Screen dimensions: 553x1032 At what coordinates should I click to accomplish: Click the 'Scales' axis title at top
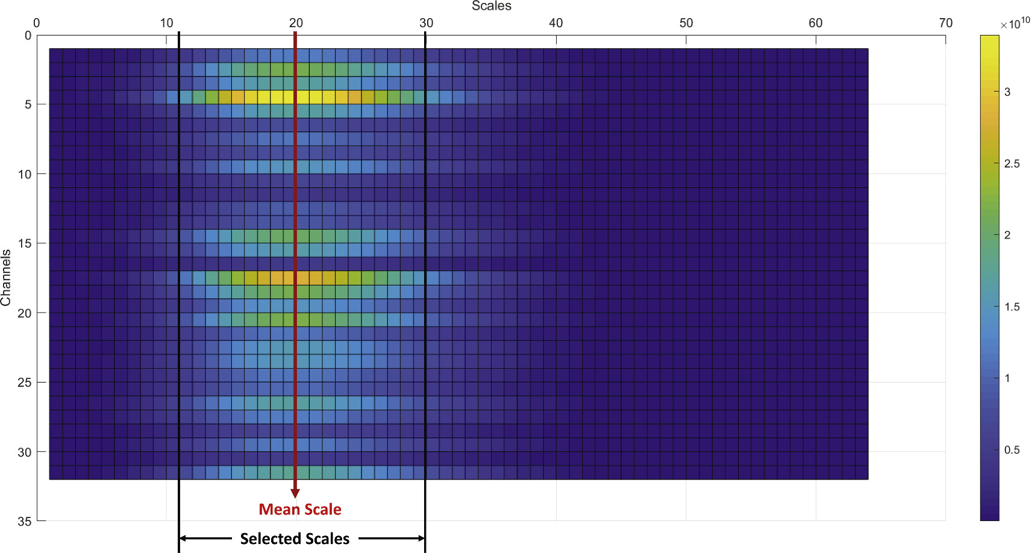coord(491,6)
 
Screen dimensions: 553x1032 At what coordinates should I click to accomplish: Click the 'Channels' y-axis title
coord(6,278)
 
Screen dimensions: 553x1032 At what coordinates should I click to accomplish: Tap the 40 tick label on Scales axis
coord(555,23)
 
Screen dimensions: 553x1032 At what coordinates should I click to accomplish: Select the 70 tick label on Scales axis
coord(945,23)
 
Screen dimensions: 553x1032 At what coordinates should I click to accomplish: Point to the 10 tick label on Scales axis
coord(166,23)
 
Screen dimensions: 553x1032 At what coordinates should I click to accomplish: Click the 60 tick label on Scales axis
coord(815,23)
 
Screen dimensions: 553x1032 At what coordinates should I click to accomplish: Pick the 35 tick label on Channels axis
coord(24,521)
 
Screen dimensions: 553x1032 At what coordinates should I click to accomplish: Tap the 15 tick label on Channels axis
coord(24,243)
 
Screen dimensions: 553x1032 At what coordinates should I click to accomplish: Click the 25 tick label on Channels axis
coord(24,383)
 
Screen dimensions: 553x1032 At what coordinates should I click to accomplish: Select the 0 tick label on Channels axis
coord(28,36)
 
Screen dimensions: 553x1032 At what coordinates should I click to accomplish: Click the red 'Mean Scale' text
coord(300,510)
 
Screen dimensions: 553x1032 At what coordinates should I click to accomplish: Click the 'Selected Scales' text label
coord(295,539)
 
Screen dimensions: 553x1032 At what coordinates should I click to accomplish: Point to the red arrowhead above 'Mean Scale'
coord(295,493)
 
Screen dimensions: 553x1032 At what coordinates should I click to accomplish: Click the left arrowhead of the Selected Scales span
coord(183,539)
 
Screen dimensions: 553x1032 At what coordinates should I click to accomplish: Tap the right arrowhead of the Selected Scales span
coord(422,539)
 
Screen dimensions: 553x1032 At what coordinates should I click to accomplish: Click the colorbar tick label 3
coord(1007,92)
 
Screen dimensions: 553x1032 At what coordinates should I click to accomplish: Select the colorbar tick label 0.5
coord(1012,450)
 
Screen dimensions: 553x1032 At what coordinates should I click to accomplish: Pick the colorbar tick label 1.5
coord(1012,307)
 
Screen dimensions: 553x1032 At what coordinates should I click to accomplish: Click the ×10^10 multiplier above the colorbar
coord(1015,23)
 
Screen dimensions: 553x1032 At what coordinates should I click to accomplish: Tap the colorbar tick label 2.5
coord(1012,164)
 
